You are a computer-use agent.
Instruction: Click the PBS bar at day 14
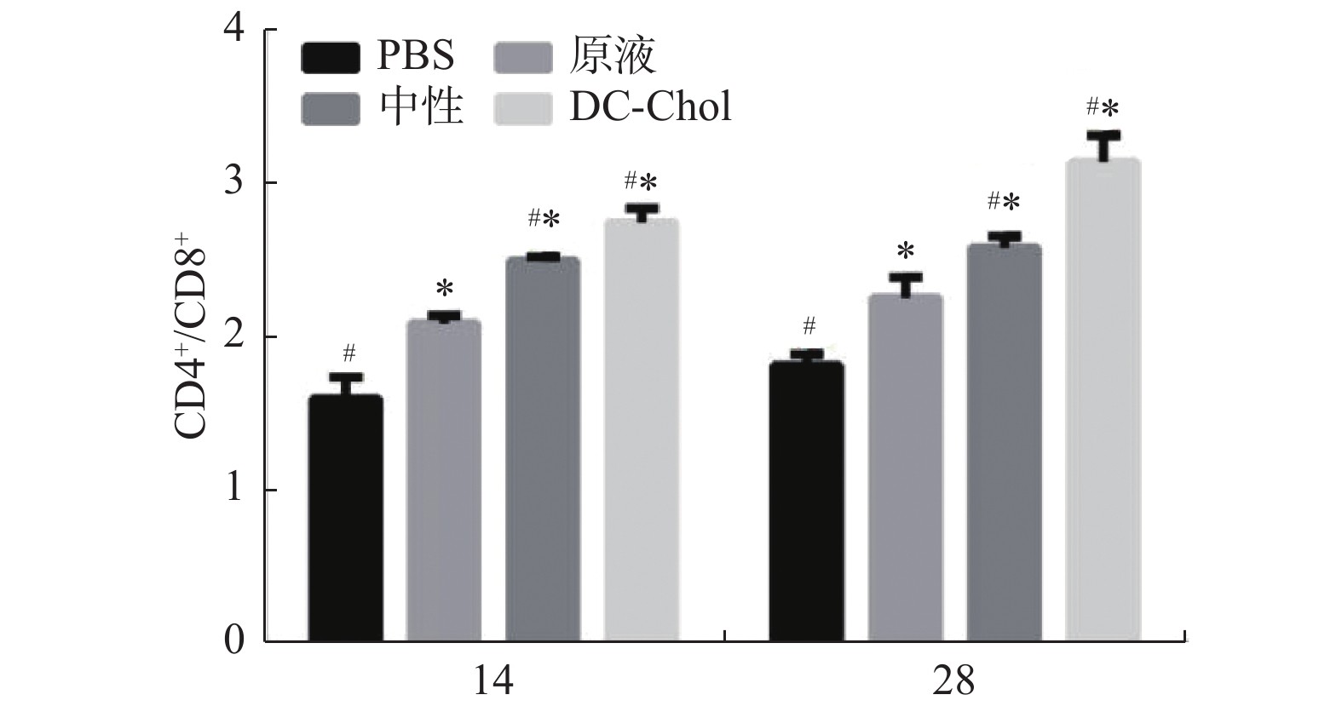click(x=345, y=518)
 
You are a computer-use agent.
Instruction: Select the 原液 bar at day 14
click(x=443, y=480)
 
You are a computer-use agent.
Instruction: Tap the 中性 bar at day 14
click(x=543, y=449)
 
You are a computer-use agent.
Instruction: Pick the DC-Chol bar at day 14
click(x=642, y=430)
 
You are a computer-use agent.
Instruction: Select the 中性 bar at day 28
click(x=1004, y=442)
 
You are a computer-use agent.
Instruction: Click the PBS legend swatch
click(x=330, y=58)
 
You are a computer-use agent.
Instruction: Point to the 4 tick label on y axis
click(x=233, y=30)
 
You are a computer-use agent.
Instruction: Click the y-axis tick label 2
click(x=233, y=336)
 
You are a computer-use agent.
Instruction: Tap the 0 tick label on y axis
click(x=233, y=640)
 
